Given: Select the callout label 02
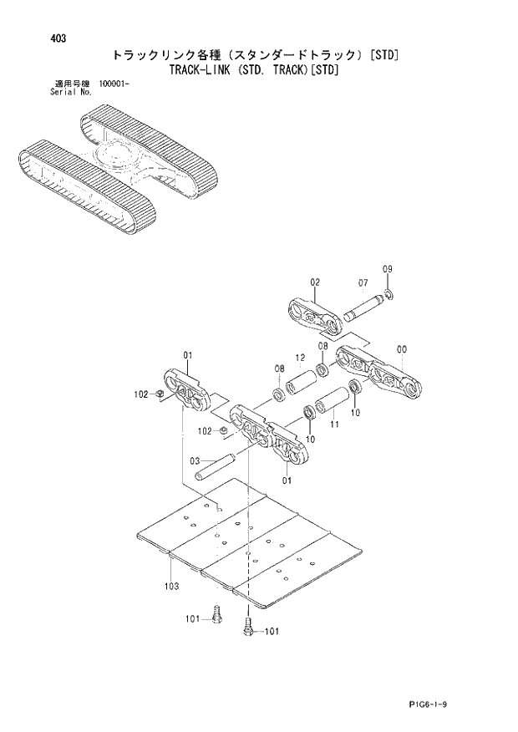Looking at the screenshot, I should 315,282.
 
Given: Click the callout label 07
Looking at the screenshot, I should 363,282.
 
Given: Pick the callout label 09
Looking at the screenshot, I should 387,268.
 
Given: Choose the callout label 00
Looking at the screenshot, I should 402,348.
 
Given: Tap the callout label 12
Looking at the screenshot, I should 299,358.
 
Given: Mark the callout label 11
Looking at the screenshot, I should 334,425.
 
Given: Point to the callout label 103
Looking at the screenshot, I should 171,586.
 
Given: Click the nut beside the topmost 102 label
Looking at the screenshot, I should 160,394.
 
